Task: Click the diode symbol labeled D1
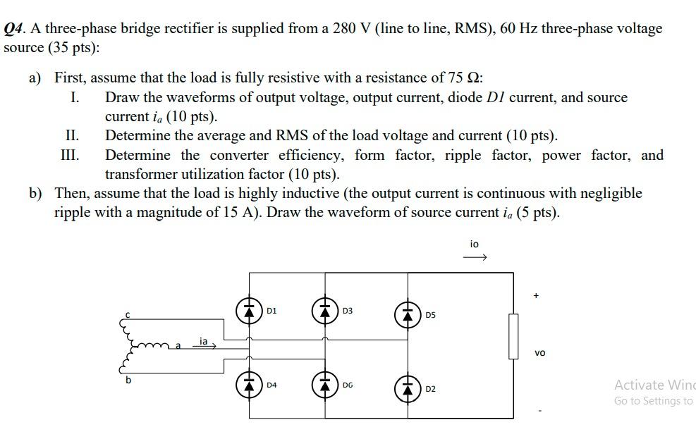(x=248, y=310)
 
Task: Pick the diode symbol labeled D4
(x=248, y=385)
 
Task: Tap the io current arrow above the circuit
(x=475, y=258)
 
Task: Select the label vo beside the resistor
(x=539, y=352)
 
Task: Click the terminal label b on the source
(x=128, y=380)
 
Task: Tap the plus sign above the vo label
(x=536, y=296)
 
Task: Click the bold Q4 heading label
(x=15, y=30)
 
